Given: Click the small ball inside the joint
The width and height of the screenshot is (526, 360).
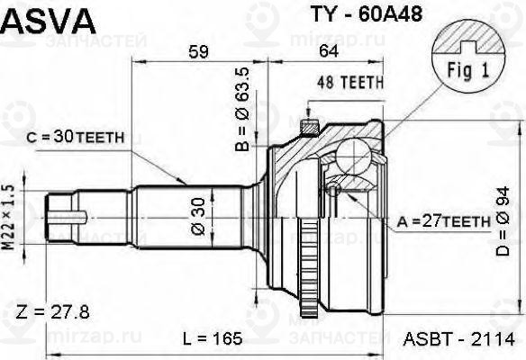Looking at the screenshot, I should (333, 189).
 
